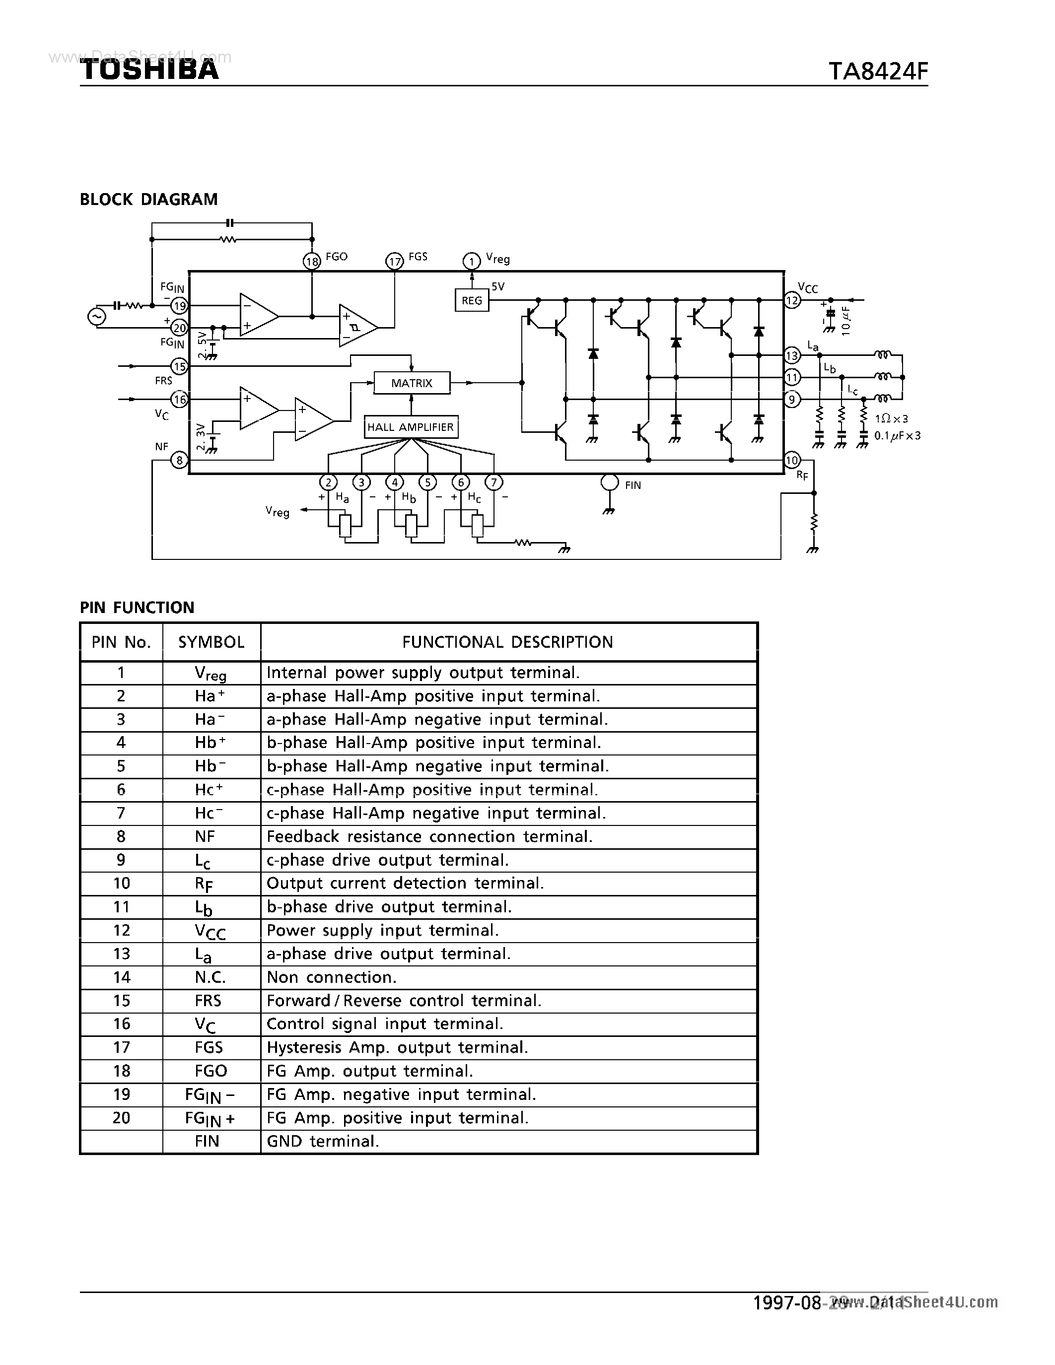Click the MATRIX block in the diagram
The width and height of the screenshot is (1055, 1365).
click(x=411, y=383)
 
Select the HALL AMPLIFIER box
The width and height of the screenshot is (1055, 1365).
click(x=411, y=427)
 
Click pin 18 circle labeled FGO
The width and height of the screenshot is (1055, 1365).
click(x=311, y=261)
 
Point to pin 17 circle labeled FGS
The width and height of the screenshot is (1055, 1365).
click(x=394, y=261)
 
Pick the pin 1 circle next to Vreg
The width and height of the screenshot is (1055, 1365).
click(x=471, y=261)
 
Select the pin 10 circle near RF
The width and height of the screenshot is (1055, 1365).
click(x=792, y=461)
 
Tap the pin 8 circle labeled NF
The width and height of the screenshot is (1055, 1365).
click(x=179, y=461)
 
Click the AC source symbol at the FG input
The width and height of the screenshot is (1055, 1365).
click(x=97, y=317)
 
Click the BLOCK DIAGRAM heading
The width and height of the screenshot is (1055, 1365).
click(x=149, y=200)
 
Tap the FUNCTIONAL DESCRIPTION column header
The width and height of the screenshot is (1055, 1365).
click(x=507, y=642)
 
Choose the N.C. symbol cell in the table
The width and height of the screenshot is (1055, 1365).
click(x=211, y=977)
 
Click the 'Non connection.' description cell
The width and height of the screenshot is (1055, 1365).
click(x=331, y=977)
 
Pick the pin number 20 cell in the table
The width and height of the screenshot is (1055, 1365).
click(x=121, y=1117)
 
